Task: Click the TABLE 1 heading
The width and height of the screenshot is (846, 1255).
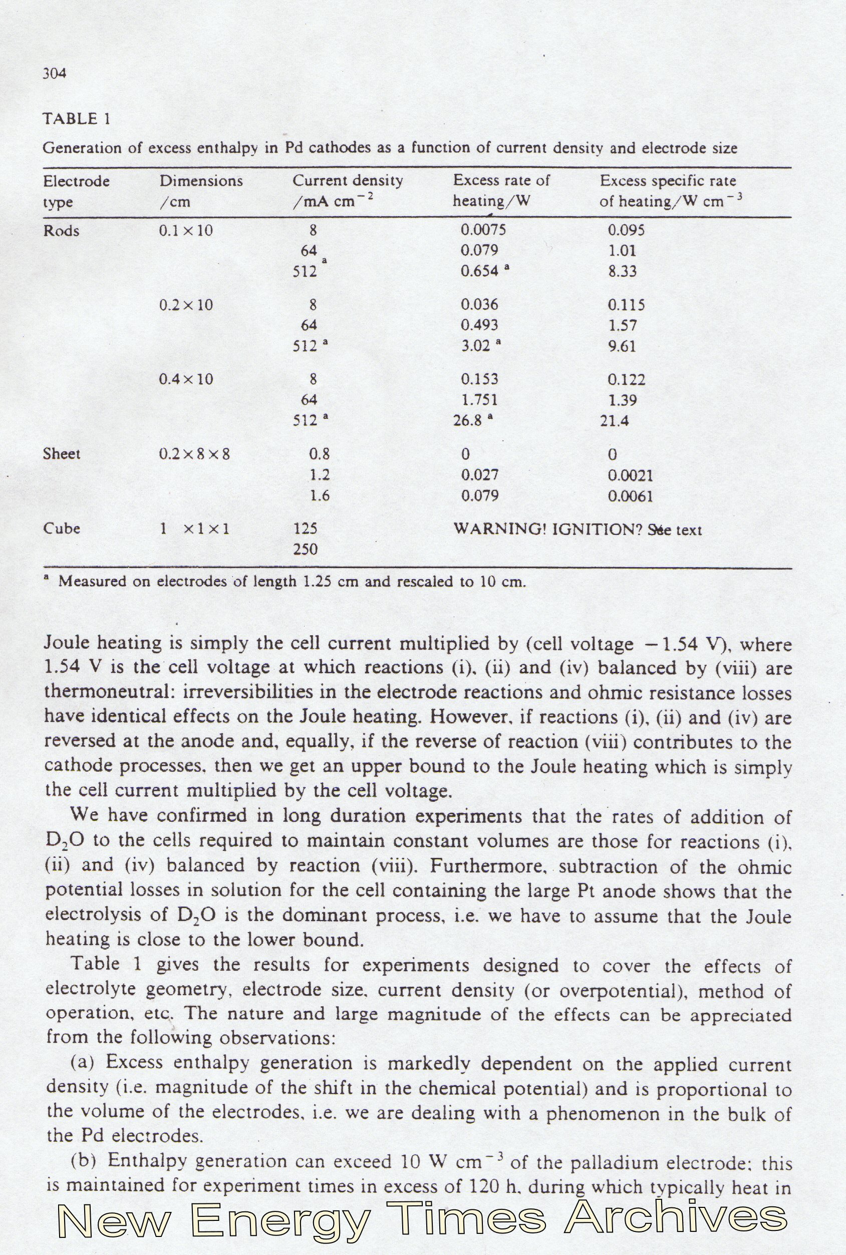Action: [x=77, y=119]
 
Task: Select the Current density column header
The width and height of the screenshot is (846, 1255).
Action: [x=348, y=181]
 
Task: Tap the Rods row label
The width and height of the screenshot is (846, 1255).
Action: [x=61, y=231]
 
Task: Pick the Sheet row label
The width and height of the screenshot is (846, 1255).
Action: [x=62, y=454]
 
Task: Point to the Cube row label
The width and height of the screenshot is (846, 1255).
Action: [x=62, y=528]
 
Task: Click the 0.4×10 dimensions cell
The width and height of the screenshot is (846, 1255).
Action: [x=186, y=379]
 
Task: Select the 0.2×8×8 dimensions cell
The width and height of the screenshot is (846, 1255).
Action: [x=194, y=454]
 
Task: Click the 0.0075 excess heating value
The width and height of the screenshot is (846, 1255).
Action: [x=483, y=231]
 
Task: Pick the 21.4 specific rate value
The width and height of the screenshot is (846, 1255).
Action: [x=615, y=421]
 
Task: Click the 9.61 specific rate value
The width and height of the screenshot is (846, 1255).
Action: [x=622, y=346]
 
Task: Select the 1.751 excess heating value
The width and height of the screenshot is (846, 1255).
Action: [x=479, y=400]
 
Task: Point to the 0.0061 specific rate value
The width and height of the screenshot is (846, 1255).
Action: [x=630, y=496]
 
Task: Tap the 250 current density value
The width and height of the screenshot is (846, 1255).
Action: [x=305, y=550]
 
